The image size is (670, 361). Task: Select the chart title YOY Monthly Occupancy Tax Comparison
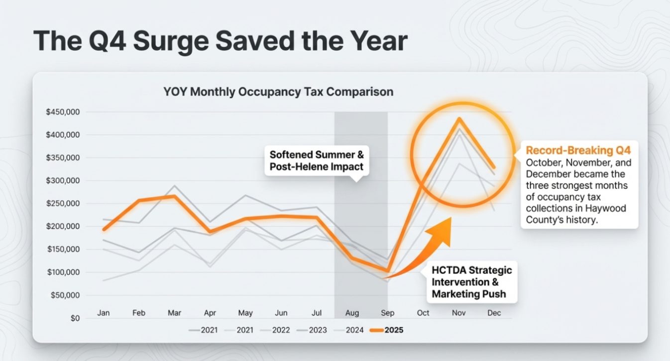pos(278,92)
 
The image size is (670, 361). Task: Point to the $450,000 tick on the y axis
pos(62,112)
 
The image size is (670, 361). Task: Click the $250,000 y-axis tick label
pos(62,203)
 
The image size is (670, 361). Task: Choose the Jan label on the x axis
pos(104,313)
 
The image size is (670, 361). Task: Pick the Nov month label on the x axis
pos(458,313)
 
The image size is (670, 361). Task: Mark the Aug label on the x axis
pos(352,313)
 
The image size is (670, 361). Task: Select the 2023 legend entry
pos(313,330)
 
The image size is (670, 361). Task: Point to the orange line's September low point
pos(387,271)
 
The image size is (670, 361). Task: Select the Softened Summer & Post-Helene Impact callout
pos(316,160)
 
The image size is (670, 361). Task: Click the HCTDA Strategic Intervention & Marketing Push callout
pos(471,282)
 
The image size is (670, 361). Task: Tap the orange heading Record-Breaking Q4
pos(578,150)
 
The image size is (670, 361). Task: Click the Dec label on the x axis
pos(494,313)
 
